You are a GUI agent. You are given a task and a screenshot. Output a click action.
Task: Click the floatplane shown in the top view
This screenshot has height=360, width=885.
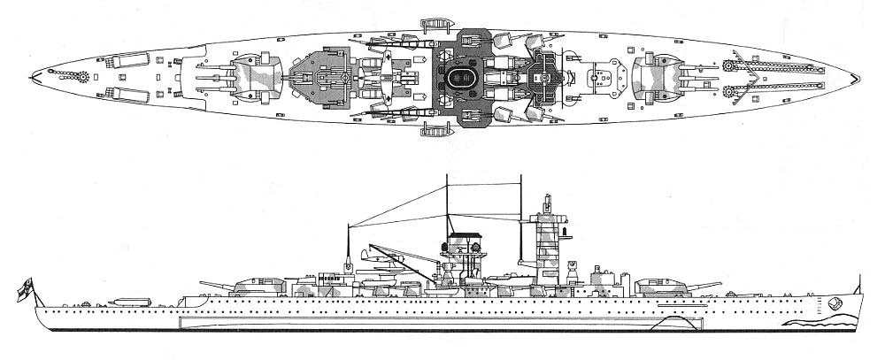tap(387, 77)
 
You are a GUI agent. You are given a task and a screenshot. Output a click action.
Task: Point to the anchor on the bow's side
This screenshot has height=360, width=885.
tap(836, 303)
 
